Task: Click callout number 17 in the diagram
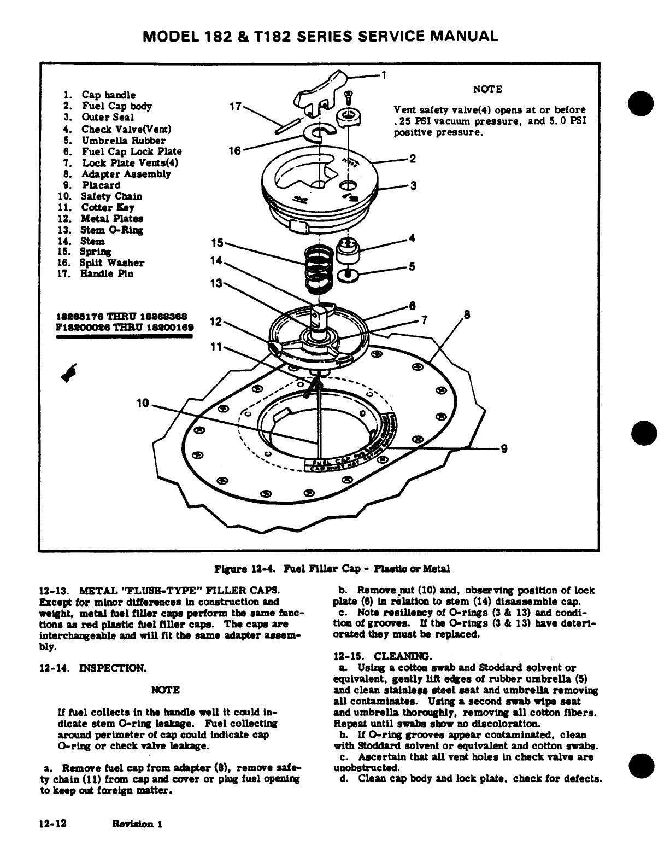point(235,107)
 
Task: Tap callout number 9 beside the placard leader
point(504,450)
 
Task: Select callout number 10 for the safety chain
point(143,404)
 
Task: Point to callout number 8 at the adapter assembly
point(467,314)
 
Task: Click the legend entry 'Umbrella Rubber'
point(115,140)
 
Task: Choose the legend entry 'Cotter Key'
point(107,207)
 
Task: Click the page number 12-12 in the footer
point(53,824)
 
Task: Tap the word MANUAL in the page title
point(465,36)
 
